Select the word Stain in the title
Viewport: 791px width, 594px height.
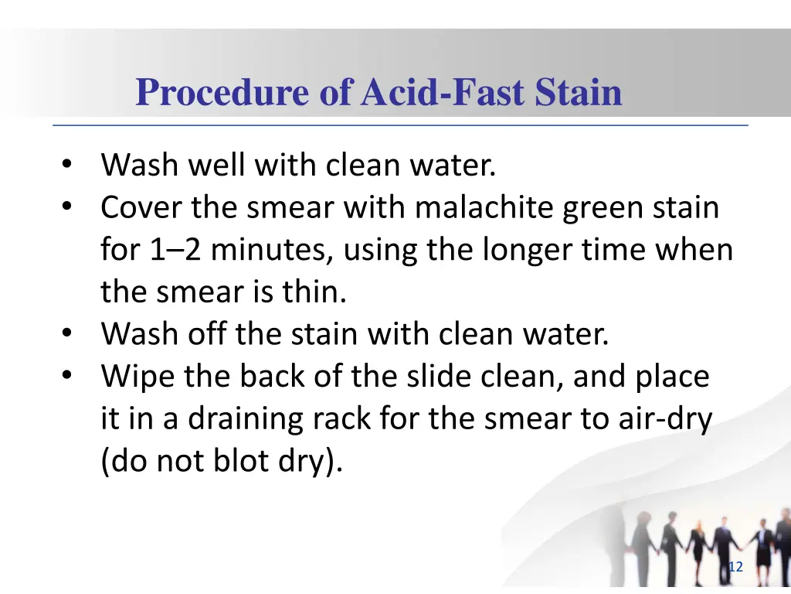coord(579,93)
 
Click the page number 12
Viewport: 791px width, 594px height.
coord(735,568)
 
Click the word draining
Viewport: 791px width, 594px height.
coord(236,419)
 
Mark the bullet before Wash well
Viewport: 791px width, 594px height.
coord(67,165)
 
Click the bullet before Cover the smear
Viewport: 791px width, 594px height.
coord(67,207)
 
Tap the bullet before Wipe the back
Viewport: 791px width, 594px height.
coord(67,377)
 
